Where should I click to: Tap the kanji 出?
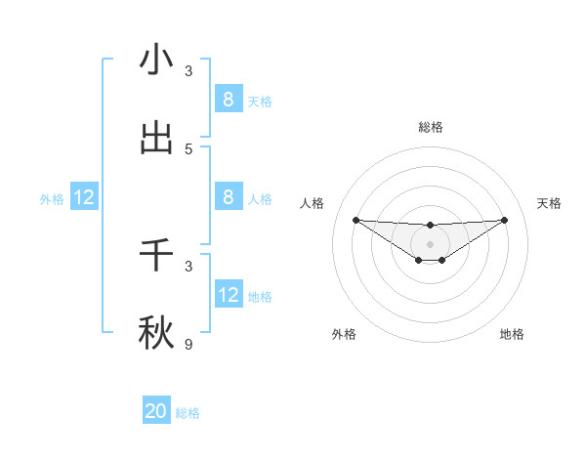(x=156, y=138)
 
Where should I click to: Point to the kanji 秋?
(x=156, y=333)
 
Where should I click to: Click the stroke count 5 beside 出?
(x=188, y=148)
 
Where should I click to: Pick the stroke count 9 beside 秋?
(x=188, y=344)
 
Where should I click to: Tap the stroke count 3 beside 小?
(x=188, y=70)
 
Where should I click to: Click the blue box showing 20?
(x=156, y=411)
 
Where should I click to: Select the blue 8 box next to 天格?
(x=228, y=99)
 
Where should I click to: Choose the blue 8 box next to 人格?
(x=228, y=196)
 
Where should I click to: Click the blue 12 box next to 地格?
(x=228, y=294)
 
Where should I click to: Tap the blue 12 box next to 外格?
(x=84, y=197)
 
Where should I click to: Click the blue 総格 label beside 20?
(x=188, y=413)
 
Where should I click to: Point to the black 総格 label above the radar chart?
(x=430, y=127)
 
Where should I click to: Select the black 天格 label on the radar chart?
(x=550, y=203)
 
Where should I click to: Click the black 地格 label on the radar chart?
(x=512, y=334)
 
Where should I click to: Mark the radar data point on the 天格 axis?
(x=504, y=220)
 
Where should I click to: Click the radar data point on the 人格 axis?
(x=356, y=220)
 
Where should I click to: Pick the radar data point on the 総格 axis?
(x=430, y=226)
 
